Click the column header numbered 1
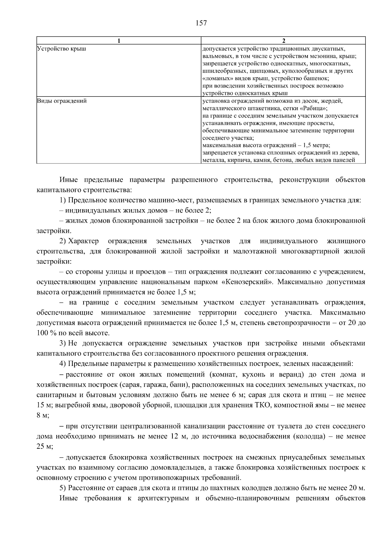119,41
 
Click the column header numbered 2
283,41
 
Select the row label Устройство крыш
61,49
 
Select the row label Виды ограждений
62,101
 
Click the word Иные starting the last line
68,498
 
